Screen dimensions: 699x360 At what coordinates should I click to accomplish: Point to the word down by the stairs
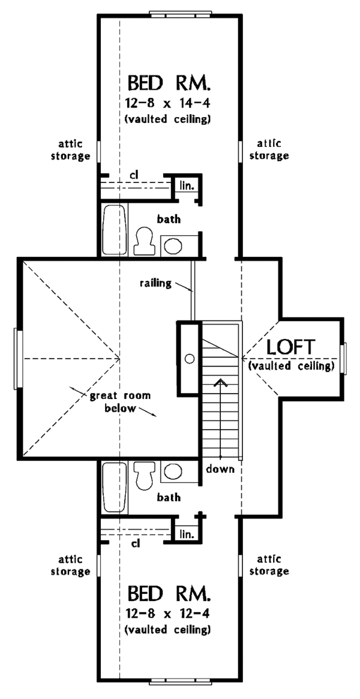point(220,469)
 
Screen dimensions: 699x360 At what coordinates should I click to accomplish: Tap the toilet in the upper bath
point(145,240)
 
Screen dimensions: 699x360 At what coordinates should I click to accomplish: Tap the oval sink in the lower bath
point(173,471)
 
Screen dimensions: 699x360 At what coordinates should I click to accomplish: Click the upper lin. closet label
point(186,185)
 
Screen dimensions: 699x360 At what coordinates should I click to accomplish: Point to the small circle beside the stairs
point(190,359)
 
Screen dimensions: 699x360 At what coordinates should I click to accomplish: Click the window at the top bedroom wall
point(180,13)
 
